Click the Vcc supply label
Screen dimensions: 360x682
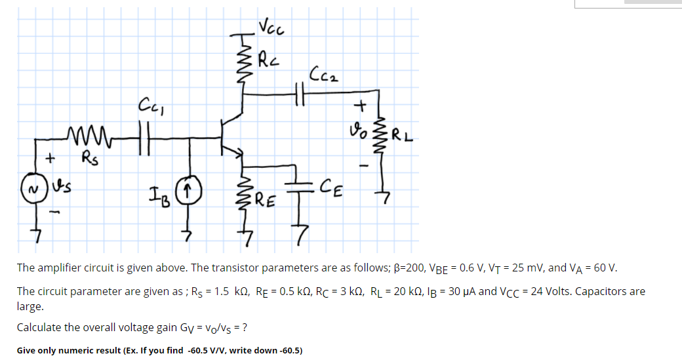271,28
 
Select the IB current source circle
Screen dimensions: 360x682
191,191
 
